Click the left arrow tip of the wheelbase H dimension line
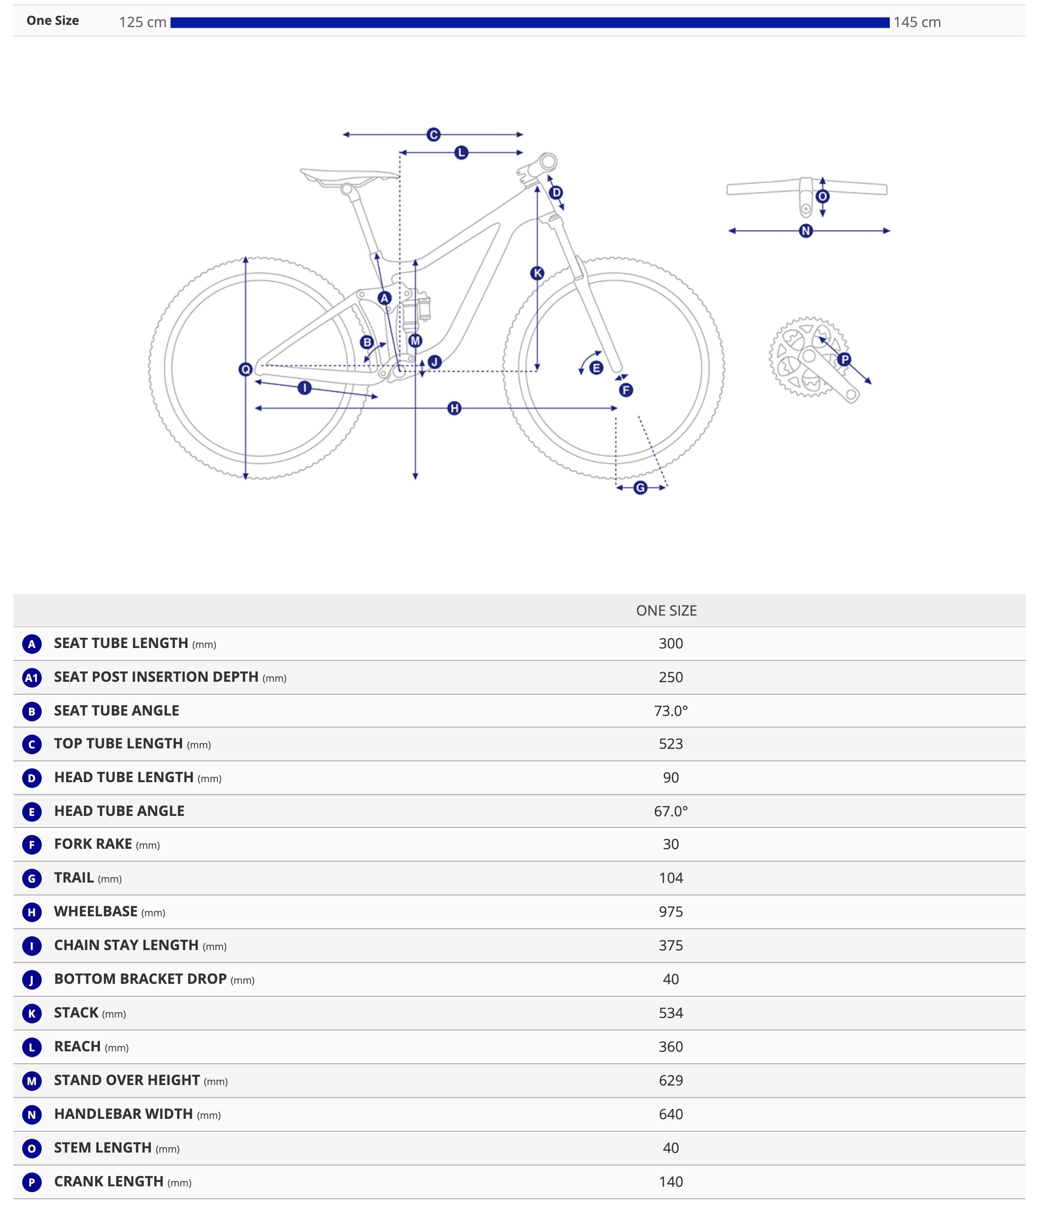click(x=255, y=408)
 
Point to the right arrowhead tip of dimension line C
click(x=523, y=134)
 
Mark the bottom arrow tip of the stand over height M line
click(x=415, y=480)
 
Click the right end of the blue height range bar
click(x=889, y=23)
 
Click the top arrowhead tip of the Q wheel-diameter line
click(x=246, y=256)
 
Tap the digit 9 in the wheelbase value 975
click(x=663, y=911)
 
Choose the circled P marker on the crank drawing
click(x=844, y=359)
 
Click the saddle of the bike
click(x=349, y=176)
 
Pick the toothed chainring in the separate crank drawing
click(x=808, y=357)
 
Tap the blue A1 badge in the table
click(x=32, y=677)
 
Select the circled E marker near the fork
click(x=596, y=368)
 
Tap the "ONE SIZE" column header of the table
click(x=666, y=611)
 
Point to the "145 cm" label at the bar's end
click(x=917, y=22)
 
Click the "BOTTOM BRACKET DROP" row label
click(x=140, y=979)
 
